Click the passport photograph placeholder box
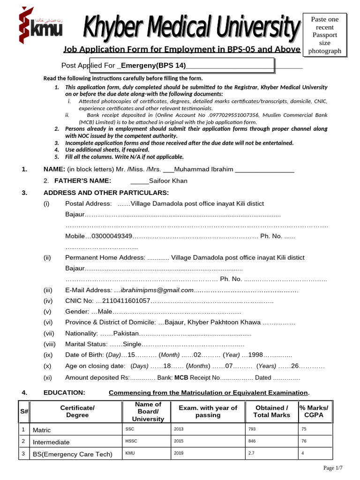325,35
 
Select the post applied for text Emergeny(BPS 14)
154,65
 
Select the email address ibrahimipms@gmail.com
157,290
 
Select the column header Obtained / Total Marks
271,412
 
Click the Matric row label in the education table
42,430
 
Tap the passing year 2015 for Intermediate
179,442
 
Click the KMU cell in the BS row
130,453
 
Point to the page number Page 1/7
333,468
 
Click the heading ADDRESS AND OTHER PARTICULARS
106,193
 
